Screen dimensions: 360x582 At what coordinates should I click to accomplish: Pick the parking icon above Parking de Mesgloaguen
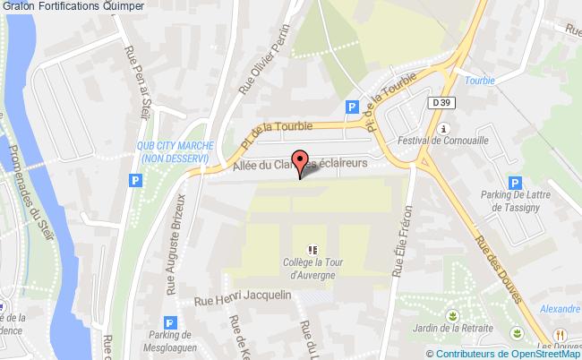(170, 324)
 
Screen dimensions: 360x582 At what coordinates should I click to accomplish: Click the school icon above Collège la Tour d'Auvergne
(312, 250)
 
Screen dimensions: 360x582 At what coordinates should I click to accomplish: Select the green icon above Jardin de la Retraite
(453, 316)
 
